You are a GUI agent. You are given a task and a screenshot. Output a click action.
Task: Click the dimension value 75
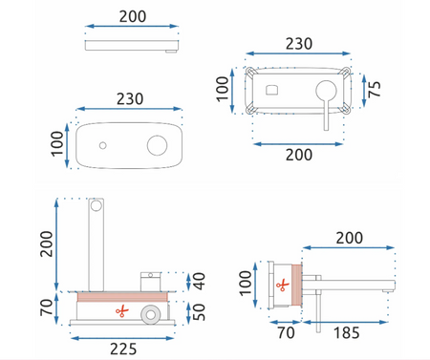(378, 91)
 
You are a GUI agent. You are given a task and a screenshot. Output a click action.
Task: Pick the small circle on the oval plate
(101, 146)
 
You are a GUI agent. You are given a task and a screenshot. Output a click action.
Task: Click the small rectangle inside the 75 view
(273, 92)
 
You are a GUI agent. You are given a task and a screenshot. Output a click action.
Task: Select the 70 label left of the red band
(43, 307)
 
